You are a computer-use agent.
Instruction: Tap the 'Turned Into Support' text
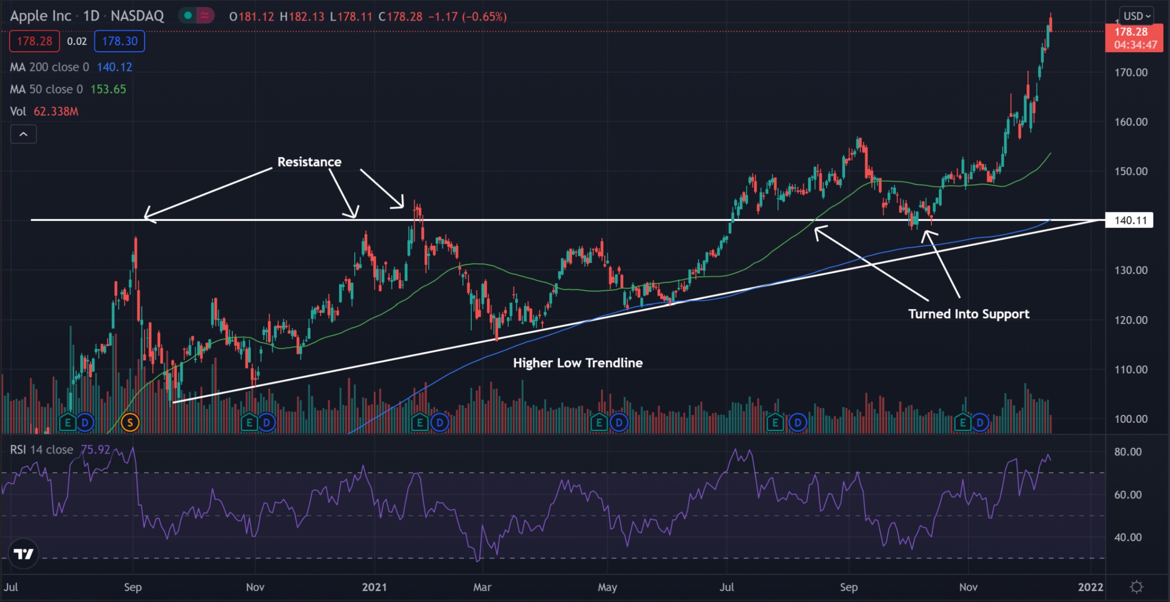[x=969, y=314]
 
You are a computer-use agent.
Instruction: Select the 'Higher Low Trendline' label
[x=577, y=363]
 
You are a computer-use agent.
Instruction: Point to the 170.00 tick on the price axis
[x=1130, y=72]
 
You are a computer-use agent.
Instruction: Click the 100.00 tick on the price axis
[x=1130, y=419]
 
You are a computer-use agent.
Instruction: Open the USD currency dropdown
[x=1137, y=16]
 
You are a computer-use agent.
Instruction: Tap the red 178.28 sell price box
[x=34, y=41]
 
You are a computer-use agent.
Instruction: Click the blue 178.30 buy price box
[x=119, y=41]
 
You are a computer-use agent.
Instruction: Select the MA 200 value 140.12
[x=114, y=67]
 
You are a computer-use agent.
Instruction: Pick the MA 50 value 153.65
[x=108, y=89]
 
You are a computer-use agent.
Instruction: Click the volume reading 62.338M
[x=56, y=111]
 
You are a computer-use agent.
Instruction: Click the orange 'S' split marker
[x=130, y=422]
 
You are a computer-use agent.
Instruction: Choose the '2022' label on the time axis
[x=1090, y=587]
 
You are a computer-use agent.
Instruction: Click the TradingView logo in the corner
[x=23, y=554]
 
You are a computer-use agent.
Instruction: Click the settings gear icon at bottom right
[x=1136, y=587]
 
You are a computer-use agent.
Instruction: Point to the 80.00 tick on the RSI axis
[x=1128, y=452]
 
